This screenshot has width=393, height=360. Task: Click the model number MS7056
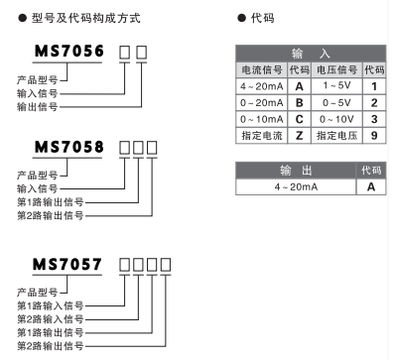tap(67, 53)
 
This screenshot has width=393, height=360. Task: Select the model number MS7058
tap(67, 152)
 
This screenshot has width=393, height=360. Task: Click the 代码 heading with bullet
tap(260, 18)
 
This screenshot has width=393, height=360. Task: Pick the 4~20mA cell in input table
tap(261, 86)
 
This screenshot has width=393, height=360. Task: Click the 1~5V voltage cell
tap(335, 86)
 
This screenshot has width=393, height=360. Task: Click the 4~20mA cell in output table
tap(298, 186)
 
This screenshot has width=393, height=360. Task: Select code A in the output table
tap(372, 186)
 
